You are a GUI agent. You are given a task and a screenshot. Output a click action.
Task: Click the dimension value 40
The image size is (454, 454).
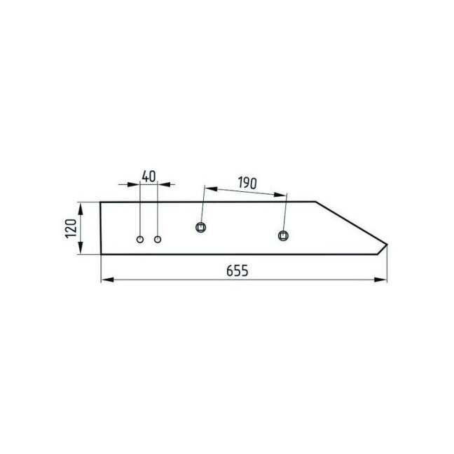point(149,177)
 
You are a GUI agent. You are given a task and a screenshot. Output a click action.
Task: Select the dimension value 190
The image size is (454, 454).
point(247,183)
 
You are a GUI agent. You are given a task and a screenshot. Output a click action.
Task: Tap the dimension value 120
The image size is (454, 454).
point(71,228)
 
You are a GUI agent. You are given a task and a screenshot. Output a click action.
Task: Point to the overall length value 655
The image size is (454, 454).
point(237,271)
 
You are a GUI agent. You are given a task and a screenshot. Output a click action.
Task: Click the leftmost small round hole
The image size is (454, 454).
point(140,240)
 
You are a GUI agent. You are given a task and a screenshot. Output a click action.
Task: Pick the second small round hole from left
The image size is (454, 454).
point(158,240)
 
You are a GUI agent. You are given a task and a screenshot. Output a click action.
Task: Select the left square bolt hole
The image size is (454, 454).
point(200,227)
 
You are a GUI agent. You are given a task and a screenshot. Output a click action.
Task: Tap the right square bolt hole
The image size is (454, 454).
point(283,235)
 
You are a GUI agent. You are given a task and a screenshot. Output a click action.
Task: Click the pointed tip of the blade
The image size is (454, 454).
point(387,245)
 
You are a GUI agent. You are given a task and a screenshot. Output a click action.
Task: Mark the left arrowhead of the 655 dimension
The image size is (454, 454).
point(107,280)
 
